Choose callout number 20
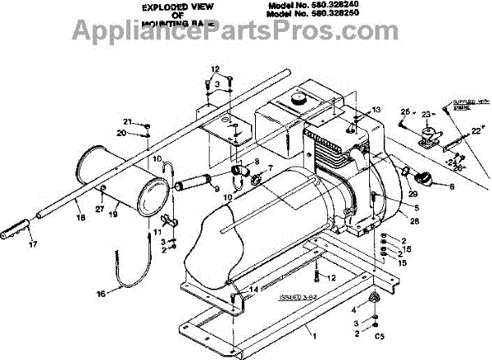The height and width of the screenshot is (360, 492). click(x=121, y=132)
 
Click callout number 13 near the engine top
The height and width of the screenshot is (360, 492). click(x=377, y=109)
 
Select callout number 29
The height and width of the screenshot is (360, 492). click(x=412, y=193)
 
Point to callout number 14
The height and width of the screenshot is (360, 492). click(x=253, y=289)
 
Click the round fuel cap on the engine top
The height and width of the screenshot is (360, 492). click(x=296, y=99)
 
